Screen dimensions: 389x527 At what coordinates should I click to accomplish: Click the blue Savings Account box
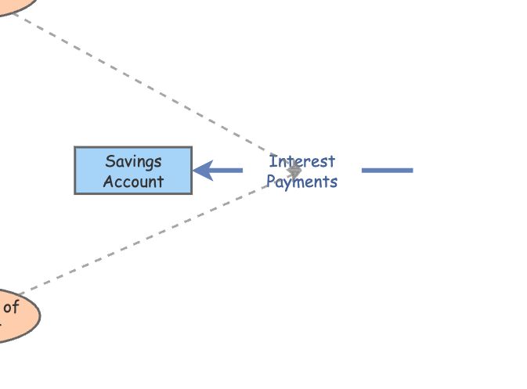(x=133, y=170)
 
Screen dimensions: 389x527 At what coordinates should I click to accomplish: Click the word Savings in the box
(x=133, y=161)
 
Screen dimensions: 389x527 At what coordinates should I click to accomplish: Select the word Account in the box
(x=133, y=182)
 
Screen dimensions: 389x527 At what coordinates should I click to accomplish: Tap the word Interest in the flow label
(x=302, y=161)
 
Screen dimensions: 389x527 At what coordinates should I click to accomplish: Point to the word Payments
(x=302, y=182)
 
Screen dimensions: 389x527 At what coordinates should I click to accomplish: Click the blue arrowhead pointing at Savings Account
(x=202, y=170)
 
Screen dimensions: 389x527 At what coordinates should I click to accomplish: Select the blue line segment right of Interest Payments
(x=387, y=170)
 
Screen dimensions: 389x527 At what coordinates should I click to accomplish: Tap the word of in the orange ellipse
(x=10, y=307)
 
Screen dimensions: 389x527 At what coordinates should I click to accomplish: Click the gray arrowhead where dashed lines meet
(x=294, y=170)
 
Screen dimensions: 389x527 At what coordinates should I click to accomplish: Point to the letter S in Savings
(x=110, y=161)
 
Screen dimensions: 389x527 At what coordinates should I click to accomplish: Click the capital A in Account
(x=108, y=182)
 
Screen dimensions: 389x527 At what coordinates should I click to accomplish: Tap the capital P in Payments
(x=271, y=182)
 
